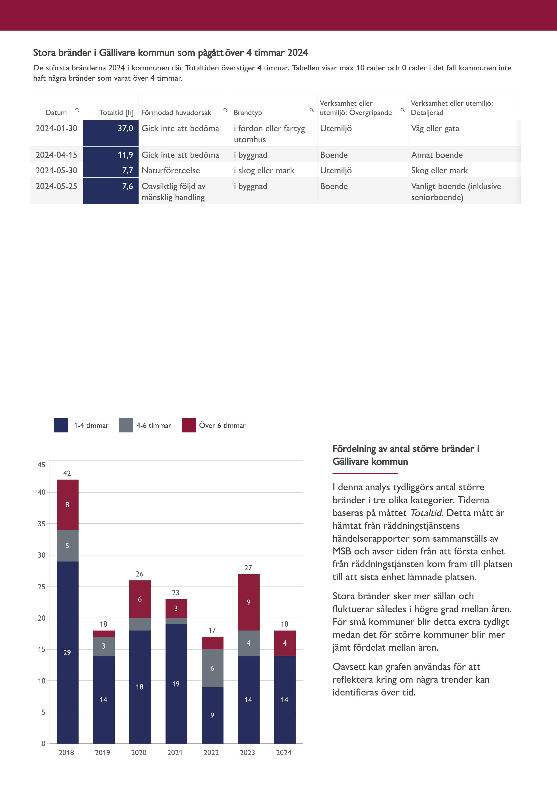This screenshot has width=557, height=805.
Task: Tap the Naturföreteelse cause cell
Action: [171, 171]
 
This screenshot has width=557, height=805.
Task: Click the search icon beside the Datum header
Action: [77, 110]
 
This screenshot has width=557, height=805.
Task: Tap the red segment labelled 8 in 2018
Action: [67, 505]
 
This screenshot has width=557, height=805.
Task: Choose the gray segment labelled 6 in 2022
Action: [212, 668]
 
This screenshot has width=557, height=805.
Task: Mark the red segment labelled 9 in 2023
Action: [249, 602]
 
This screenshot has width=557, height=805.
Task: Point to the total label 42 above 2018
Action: [67, 473]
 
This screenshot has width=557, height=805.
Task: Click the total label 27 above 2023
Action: [248, 568]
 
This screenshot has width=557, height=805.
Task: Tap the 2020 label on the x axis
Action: [139, 753]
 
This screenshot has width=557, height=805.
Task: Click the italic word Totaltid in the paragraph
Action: [426, 513]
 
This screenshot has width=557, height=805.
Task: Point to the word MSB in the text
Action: [342, 551]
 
